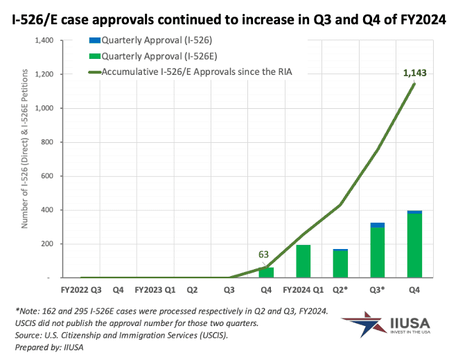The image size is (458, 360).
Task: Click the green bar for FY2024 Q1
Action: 303,262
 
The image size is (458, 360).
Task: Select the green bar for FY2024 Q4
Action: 414,246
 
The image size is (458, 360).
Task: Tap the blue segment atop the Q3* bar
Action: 378,225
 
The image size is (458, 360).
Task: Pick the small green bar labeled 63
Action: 266,273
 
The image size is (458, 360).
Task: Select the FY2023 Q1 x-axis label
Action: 155,289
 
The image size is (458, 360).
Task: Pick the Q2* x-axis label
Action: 341,289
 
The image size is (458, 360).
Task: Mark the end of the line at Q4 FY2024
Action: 414,84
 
